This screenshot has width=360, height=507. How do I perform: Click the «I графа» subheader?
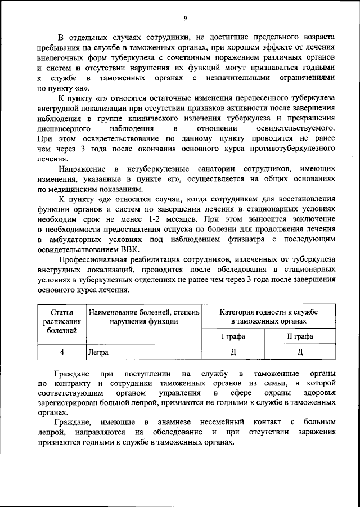click(233, 336)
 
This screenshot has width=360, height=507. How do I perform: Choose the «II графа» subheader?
click(300, 336)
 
